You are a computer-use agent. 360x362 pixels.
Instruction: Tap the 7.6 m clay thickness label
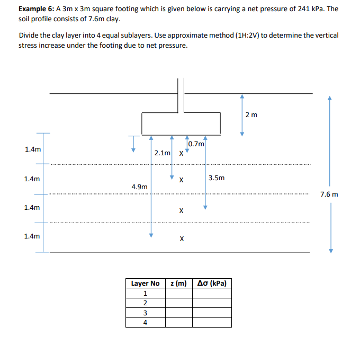[329, 195]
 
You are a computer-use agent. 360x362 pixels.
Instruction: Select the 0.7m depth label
[196, 144]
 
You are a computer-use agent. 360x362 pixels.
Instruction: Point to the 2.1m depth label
[163, 153]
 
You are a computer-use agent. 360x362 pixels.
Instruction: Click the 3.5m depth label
[217, 178]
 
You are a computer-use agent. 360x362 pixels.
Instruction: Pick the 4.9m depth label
[139, 187]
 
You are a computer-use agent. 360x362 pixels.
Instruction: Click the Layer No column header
[145, 284]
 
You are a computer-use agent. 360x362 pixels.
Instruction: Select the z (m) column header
[178, 284]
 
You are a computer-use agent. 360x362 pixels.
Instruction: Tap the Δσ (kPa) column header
[211, 284]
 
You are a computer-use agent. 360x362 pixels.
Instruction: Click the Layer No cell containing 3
[145, 312]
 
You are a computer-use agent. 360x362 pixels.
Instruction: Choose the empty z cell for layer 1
[178, 293]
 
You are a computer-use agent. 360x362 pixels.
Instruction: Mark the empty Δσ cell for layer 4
[211, 322]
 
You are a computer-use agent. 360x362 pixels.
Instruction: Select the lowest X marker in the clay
[182, 239]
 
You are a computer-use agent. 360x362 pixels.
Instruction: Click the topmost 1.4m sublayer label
[32, 149]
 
